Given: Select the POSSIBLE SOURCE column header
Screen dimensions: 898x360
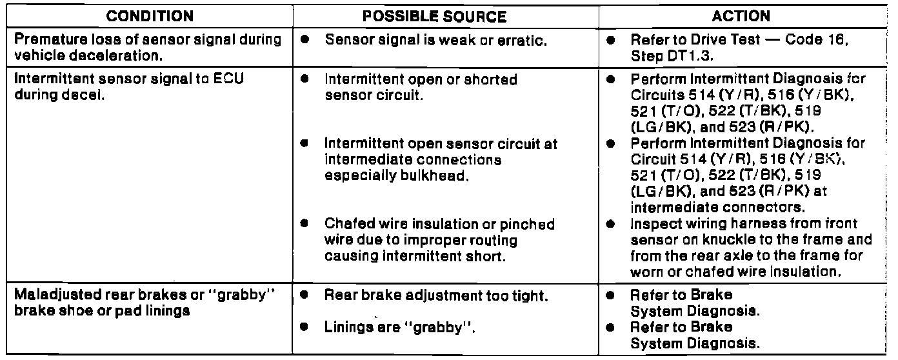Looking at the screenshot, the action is click(x=444, y=17).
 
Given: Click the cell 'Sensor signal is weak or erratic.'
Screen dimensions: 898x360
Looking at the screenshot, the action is click(x=436, y=40).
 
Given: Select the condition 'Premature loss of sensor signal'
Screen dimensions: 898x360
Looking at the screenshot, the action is click(x=148, y=40).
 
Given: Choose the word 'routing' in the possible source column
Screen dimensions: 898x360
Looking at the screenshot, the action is click(x=496, y=239).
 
